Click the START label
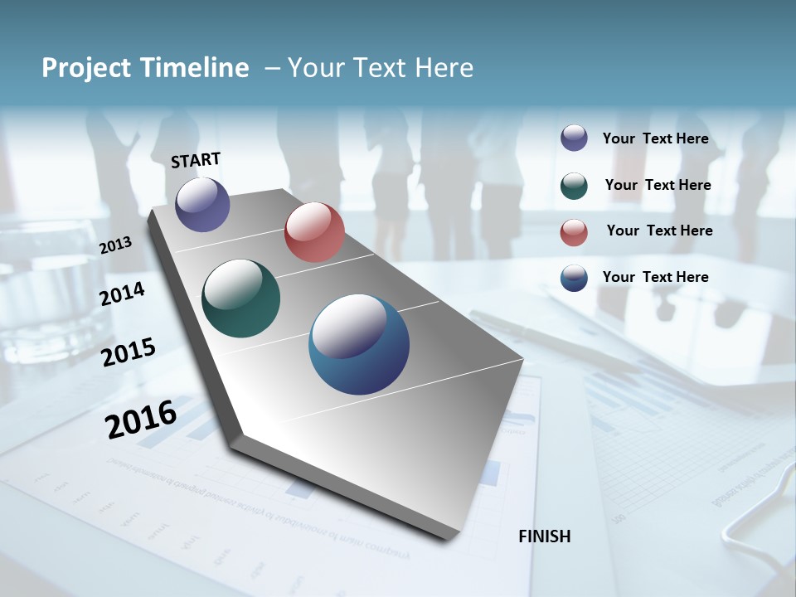click(x=196, y=160)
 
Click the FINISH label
click(x=544, y=536)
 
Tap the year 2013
click(x=115, y=245)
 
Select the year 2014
click(x=122, y=294)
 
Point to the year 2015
click(x=128, y=352)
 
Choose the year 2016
click(x=140, y=419)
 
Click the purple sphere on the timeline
click(x=202, y=204)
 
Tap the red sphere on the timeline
click(x=314, y=232)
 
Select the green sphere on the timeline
click(x=240, y=298)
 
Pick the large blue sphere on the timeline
click(x=359, y=344)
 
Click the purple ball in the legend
click(x=574, y=138)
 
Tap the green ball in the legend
click(x=574, y=186)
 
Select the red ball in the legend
click(x=574, y=232)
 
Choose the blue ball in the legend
click(x=574, y=278)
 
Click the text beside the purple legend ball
click(x=655, y=138)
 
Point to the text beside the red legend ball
click(x=659, y=231)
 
